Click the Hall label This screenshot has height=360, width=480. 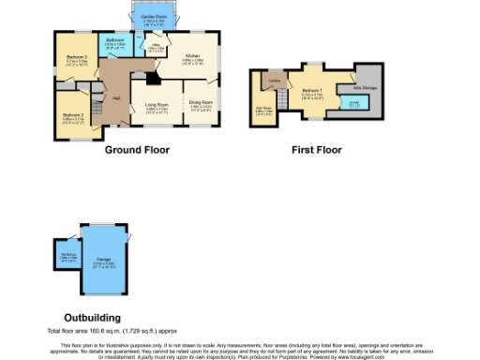point(116,97)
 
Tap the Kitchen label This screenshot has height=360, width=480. point(192,58)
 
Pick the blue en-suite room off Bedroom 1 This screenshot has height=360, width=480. point(354,104)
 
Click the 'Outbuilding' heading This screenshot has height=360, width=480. point(91,318)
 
